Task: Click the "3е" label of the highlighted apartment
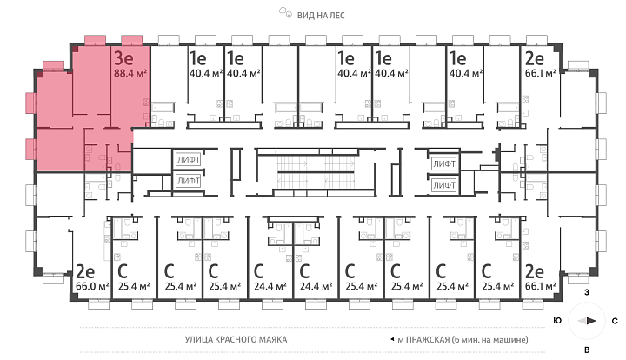(123, 58)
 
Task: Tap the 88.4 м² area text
(130, 73)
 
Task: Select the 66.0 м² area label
(92, 287)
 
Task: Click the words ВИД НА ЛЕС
(321, 16)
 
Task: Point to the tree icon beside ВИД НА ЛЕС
(285, 13)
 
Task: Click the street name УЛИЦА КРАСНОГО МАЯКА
(236, 340)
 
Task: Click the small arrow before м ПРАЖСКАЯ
(392, 340)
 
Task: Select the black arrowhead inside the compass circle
(591, 321)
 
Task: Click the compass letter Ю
(557, 321)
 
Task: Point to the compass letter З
(587, 292)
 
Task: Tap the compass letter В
(587, 350)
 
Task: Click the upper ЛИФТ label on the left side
(189, 160)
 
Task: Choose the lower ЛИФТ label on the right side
(444, 185)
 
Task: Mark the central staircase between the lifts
(316, 172)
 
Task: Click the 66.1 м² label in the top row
(541, 73)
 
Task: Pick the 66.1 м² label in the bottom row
(541, 287)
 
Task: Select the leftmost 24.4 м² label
(270, 287)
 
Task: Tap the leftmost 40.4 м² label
(205, 73)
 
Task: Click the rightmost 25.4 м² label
(498, 287)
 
